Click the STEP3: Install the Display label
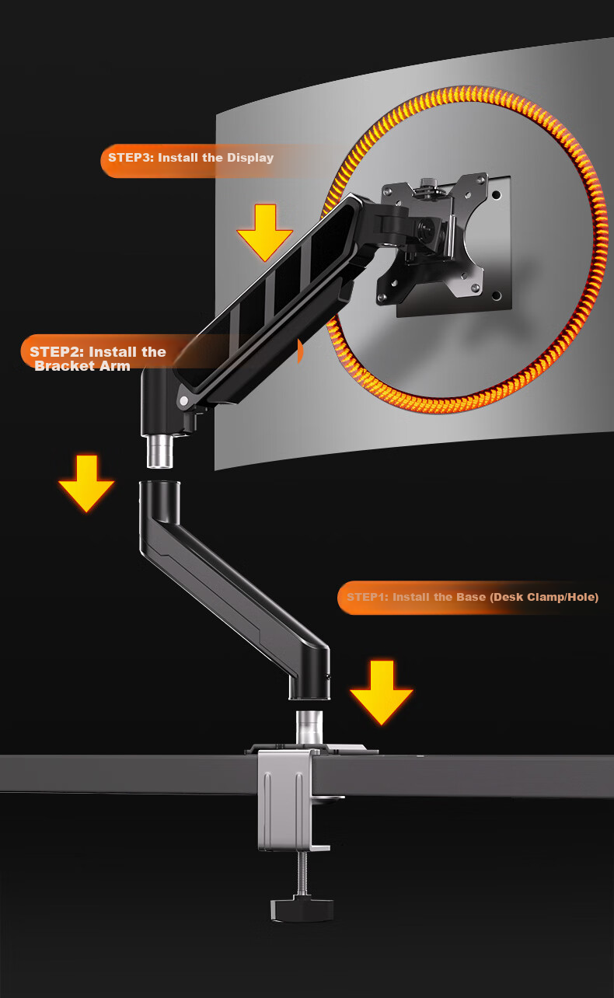[x=190, y=158]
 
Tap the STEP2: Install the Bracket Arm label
[x=98, y=358]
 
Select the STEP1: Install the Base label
[x=473, y=597]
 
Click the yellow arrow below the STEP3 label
[x=265, y=233]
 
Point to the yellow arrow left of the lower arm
[x=86, y=483]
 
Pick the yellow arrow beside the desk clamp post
[x=382, y=693]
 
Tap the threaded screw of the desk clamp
[x=302, y=874]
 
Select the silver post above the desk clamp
[x=309, y=727]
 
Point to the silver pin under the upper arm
[x=159, y=452]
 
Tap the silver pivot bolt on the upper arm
[x=183, y=401]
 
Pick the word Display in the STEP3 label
[x=250, y=158]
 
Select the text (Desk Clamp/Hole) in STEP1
[x=544, y=597]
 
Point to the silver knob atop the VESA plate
[x=429, y=183]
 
